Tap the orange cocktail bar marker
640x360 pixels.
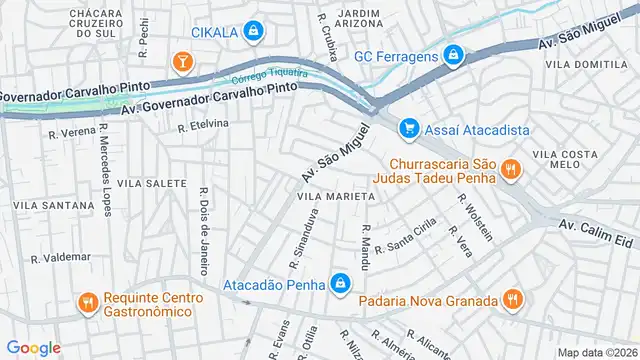[x=182, y=64]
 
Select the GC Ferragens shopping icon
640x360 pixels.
[x=454, y=55]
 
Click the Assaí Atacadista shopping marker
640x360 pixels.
[x=408, y=128]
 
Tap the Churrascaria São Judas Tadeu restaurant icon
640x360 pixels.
[x=511, y=169]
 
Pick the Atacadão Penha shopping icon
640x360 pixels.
[x=342, y=284]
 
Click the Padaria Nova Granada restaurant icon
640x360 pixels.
[x=512, y=299]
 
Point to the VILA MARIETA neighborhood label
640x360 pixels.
[x=335, y=197]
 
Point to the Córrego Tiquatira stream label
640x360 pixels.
[x=268, y=77]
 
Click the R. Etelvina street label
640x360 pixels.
[x=203, y=126]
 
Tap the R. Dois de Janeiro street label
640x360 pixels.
[x=204, y=235]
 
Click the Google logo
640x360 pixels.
[x=33, y=347]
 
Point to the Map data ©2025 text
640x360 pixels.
[x=598, y=352]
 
